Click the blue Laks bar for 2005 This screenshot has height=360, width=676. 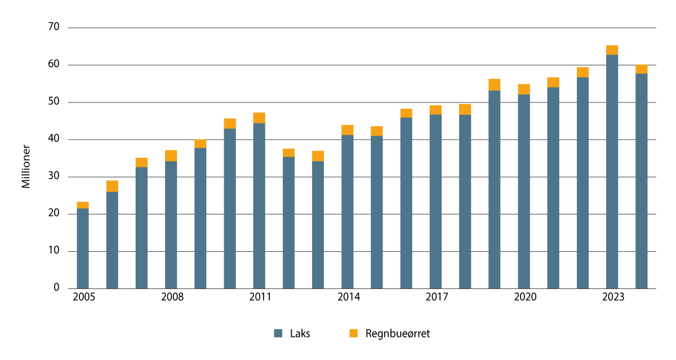point(83,248)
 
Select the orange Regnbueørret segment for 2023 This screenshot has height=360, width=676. point(612,50)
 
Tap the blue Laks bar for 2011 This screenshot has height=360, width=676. point(259,206)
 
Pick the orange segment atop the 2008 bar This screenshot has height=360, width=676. point(171,155)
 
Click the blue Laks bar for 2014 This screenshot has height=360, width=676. point(347,212)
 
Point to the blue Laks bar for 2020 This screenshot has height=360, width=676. point(523,192)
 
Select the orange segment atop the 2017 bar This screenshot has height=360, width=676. point(435,110)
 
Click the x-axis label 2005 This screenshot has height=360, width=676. point(83,297)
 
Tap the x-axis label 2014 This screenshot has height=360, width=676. point(348,297)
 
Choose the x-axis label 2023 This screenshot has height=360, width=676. point(612,297)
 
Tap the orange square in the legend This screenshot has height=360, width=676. point(353,334)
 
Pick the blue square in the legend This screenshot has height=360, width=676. point(278,334)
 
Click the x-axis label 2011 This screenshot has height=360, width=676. point(260,297)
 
